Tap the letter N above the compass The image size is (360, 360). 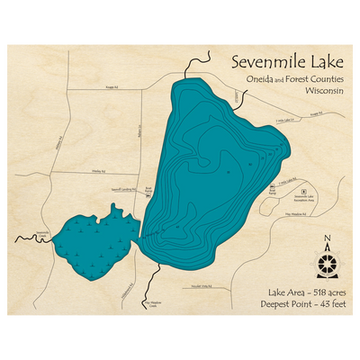[327, 238]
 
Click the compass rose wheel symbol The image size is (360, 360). [327, 262]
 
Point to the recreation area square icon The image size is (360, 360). [303, 192]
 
